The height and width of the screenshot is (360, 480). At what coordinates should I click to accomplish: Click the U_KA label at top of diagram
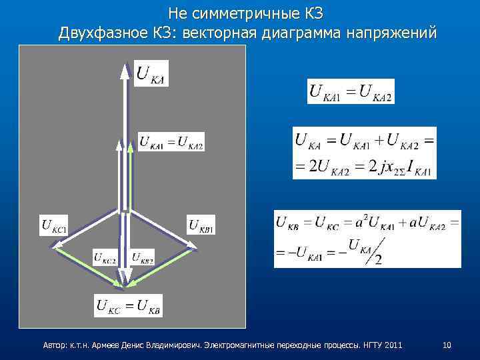[151, 73]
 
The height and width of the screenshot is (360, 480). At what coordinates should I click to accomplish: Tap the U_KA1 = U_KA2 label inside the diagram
[171, 142]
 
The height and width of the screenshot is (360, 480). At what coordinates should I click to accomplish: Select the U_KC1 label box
[54, 225]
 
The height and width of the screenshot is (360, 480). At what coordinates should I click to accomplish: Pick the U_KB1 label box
[201, 225]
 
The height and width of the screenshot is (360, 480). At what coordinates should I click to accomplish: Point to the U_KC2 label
[105, 256]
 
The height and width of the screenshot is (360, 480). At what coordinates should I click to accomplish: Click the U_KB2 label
[143, 256]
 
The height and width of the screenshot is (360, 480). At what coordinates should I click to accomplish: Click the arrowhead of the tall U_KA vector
[124, 67]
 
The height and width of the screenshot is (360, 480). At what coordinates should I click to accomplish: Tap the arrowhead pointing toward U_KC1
[53, 245]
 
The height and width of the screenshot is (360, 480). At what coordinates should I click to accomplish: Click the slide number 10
[447, 345]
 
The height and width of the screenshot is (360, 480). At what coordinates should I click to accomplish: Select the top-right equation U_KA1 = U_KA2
[351, 91]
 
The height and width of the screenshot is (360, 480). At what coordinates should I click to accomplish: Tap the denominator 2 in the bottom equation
[378, 258]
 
